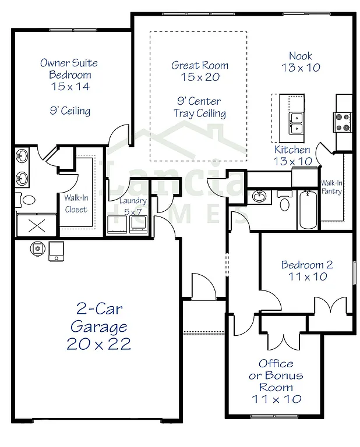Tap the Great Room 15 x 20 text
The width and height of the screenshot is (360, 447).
200,71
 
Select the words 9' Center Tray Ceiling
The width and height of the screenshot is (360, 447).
200,107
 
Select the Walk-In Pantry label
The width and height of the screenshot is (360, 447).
331,187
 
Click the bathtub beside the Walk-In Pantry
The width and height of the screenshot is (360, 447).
307,210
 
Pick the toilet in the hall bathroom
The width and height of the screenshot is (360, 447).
284,203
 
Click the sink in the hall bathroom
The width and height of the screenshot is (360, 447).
259,197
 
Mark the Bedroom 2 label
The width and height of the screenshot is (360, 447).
307,271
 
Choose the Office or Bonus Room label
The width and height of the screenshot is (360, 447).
276,381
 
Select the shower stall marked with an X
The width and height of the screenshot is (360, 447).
36,225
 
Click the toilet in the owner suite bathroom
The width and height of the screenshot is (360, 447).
27,200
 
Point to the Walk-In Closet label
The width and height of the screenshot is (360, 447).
76,204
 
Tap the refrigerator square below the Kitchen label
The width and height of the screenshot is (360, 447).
302,176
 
